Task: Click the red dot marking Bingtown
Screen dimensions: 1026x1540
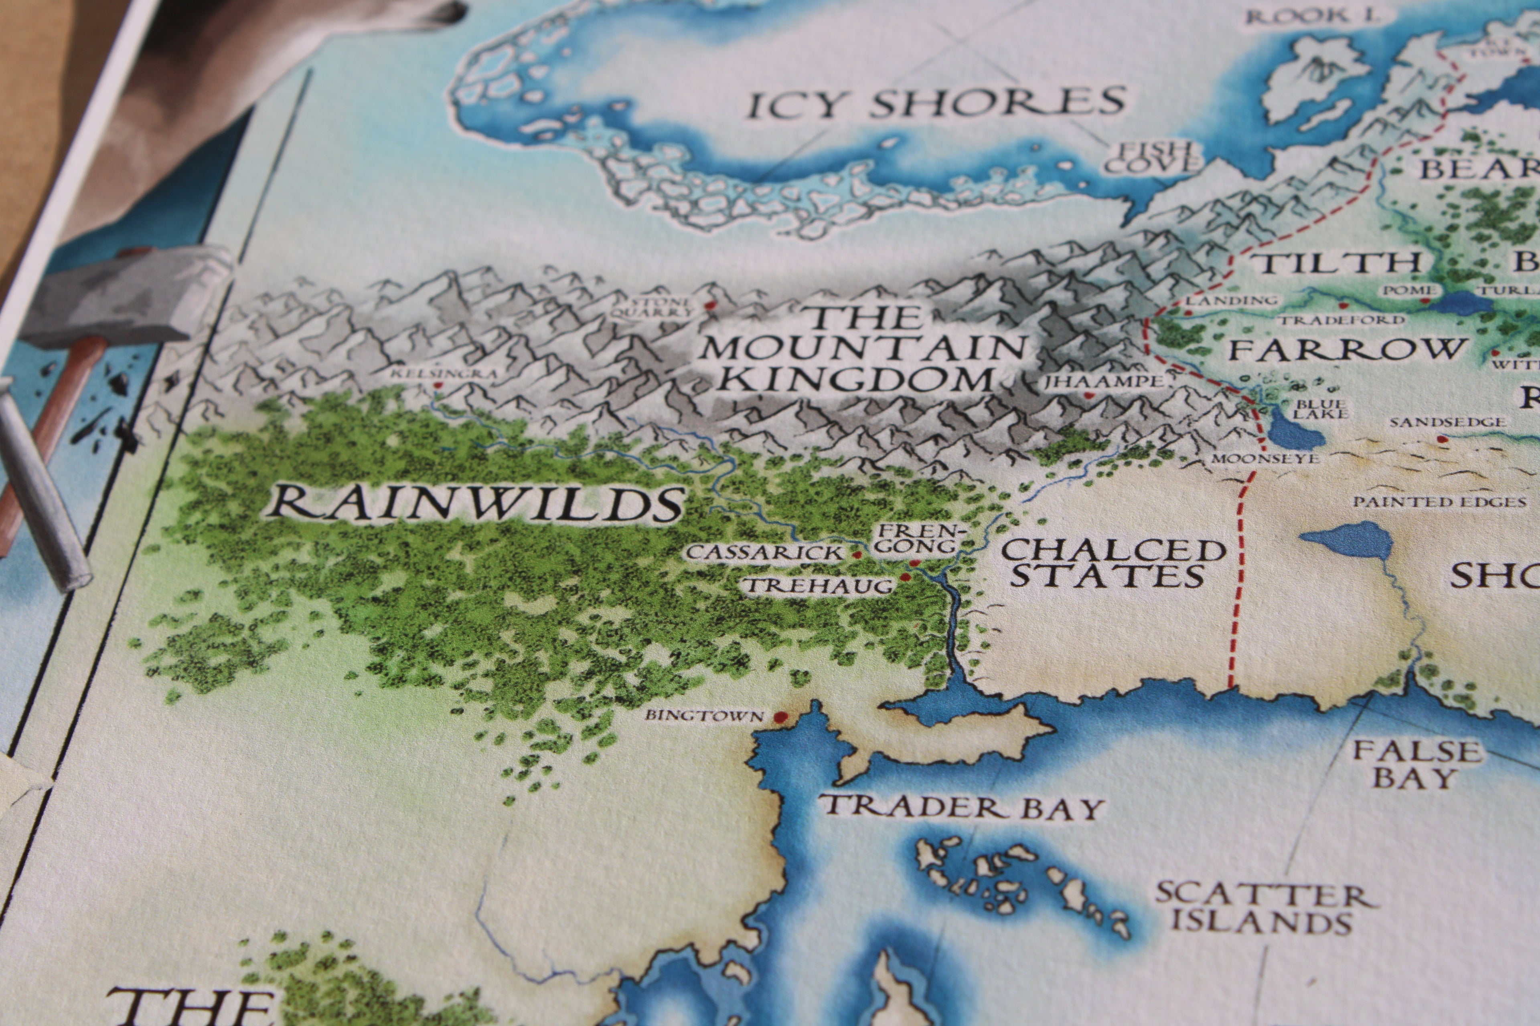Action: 780,718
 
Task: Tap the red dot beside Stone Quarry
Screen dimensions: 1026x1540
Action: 708,305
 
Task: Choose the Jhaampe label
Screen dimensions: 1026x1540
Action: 1100,382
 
